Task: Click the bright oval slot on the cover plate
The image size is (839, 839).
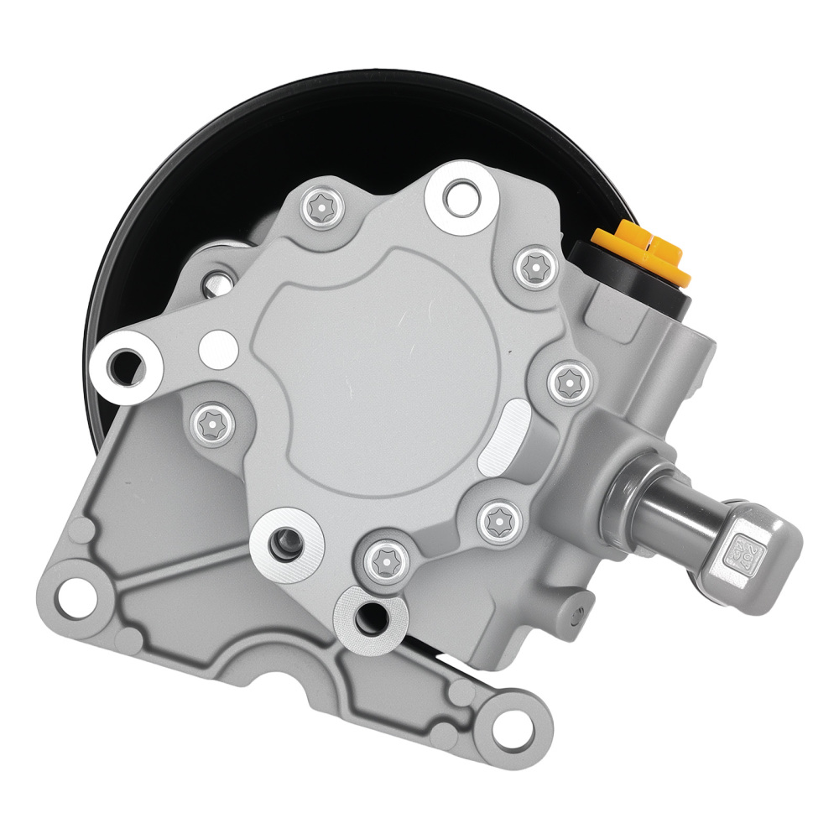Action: coord(503,435)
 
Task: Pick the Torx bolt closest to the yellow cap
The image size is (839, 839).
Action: coord(534,268)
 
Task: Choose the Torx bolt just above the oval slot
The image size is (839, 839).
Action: coord(570,381)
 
